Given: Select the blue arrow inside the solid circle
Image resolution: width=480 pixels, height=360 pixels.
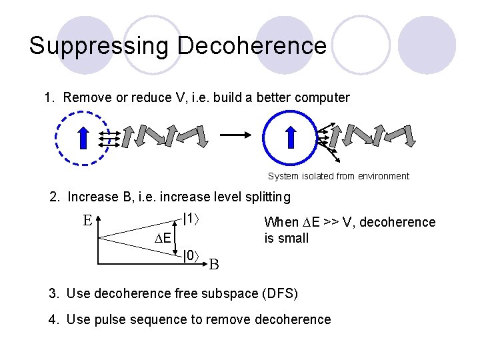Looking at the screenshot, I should click(x=291, y=137).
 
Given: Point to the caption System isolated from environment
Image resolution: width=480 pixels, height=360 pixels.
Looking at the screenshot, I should click(x=338, y=177).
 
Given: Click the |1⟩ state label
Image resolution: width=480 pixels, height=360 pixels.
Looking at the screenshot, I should click(x=191, y=218).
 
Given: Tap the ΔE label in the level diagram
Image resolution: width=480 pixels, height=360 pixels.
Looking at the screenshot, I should click(x=162, y=239).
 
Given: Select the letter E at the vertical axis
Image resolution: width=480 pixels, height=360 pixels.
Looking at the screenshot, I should click(x=87, y=220).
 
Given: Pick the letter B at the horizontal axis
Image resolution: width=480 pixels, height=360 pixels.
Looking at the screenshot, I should click(x=214, y=264).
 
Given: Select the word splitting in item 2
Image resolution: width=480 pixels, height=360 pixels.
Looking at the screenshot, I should click(x=267, y=197).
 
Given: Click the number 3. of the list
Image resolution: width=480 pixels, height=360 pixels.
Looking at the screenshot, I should click(x=53, y=294).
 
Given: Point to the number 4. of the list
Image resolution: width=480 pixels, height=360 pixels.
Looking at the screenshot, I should click(x=53, y=320).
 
